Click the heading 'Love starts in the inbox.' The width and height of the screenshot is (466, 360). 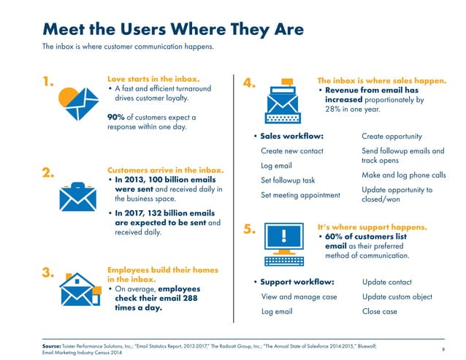click(x=153, y=77)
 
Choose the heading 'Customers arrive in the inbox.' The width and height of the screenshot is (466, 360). click(x=164, y=170)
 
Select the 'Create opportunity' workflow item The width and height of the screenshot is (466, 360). click(x=391, y=136)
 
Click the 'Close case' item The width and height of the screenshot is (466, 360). click(x=379, y=311)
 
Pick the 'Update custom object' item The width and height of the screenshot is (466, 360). click(x=397, y=296)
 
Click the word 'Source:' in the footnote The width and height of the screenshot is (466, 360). click(x=55, y=342)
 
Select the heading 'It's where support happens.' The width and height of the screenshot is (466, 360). click(x=372, y=227)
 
